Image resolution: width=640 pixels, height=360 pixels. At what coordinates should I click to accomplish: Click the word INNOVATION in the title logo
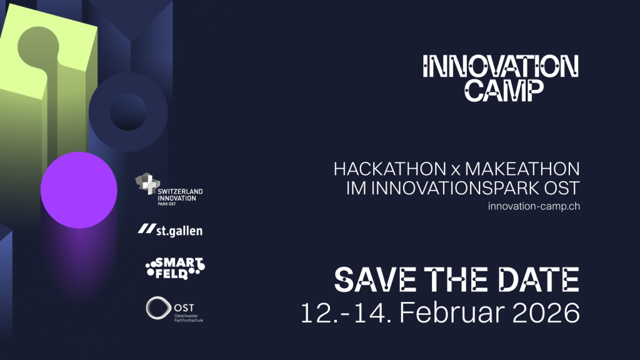(x=501, y=66)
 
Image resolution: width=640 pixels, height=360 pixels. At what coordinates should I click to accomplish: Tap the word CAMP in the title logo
(x=504, y=91)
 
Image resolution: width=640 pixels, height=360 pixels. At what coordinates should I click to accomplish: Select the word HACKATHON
(x=390, y=169)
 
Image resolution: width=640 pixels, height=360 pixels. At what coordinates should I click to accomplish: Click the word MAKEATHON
(x=522, y=169)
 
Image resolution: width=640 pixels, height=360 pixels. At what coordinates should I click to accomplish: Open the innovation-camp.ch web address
(x=534, y=206)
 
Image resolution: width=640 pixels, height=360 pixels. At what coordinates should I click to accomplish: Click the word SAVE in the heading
(x=376, y=279)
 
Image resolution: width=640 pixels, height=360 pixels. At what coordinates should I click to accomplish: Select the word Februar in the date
(x=446, y=312)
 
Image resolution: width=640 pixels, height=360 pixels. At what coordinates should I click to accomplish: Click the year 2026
(x=540, y=313)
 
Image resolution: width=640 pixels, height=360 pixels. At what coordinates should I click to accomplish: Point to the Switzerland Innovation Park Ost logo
(x=169, y=189)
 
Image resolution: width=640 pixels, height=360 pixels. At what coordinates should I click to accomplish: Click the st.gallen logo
(x=170, y=230)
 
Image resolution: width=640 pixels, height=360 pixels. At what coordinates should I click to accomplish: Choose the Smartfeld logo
(x=175, y=268)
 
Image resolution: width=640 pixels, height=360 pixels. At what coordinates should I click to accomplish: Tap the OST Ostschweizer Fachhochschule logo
(x=174, y=309)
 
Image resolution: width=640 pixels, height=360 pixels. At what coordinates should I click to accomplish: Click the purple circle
(x=79, y=190)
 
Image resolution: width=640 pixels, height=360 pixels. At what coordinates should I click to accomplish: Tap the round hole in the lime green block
(x=38, y=45)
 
